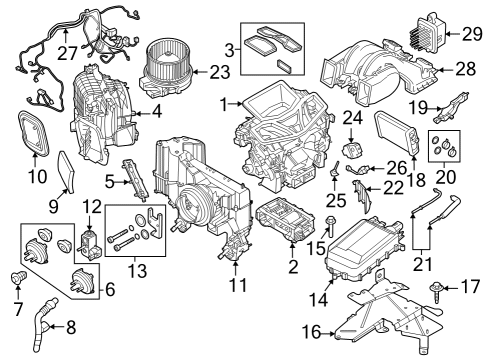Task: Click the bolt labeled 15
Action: [330, 223]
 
